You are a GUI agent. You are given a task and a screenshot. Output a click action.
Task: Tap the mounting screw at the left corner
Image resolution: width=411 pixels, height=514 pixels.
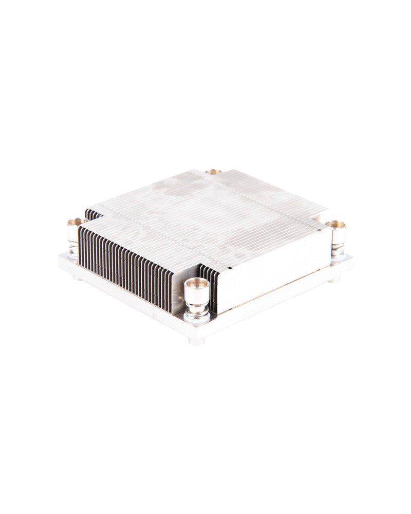75,236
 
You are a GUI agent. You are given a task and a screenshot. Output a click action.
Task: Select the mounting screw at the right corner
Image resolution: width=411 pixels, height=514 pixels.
337,237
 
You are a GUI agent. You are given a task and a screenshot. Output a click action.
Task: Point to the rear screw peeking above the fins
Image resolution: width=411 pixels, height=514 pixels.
213,172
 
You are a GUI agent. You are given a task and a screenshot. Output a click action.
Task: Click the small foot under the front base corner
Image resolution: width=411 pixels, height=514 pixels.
196,341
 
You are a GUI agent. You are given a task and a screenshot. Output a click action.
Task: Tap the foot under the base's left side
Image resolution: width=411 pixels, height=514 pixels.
77,278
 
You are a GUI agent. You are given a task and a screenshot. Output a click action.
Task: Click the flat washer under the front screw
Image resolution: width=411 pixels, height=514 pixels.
197,318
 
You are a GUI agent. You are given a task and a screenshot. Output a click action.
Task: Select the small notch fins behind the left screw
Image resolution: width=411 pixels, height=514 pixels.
92,214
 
